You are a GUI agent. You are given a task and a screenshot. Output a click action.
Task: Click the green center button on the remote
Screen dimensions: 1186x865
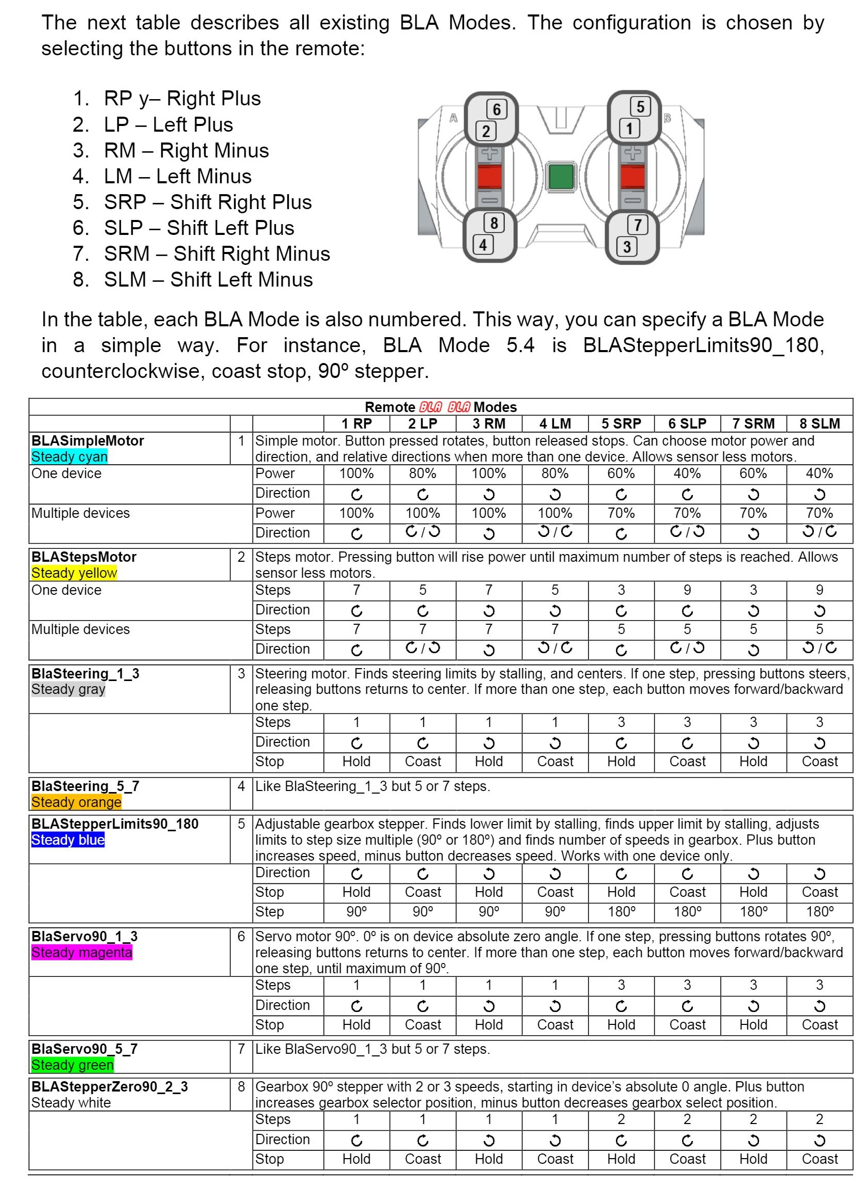(x=560, y=176)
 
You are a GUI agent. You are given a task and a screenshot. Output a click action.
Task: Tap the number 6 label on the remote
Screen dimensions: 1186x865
(x=497, y=109)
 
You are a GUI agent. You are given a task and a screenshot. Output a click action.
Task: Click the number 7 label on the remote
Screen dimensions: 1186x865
(x=638, y=225)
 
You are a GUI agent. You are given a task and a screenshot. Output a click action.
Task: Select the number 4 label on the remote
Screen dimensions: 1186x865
(x=483, y=244)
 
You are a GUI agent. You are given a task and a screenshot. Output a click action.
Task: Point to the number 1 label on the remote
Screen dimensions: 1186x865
(x=629, y=128)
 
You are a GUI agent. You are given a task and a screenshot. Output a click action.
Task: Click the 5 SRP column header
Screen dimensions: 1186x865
(x=621, y=423)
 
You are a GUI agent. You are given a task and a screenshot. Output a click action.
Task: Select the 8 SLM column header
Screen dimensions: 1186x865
(x=820, y=423)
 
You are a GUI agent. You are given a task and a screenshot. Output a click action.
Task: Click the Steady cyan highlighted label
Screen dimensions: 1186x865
(x=69, y=457)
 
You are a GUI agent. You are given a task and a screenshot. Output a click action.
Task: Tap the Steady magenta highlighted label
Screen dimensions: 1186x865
(x=82, y=952)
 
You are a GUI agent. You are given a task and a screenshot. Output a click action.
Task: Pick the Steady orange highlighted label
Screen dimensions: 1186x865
(x=76, y=802)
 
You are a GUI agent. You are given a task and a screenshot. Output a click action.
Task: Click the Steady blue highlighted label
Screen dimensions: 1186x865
(x=68, y=840)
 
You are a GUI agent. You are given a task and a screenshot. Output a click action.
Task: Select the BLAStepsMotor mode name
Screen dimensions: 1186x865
(x=84, y=557)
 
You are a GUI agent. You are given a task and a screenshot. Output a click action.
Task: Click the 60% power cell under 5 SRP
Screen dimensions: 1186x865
(x=621, y=473)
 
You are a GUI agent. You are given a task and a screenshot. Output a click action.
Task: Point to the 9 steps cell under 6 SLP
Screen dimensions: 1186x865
(x=687, y=590)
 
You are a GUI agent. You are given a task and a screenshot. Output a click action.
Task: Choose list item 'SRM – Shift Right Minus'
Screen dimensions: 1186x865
(x=217, y=254)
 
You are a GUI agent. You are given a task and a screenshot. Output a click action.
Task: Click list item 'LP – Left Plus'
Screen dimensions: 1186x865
(x=168, y=124)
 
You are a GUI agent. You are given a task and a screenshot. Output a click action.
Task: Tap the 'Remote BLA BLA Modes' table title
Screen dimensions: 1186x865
(x=440, y=407)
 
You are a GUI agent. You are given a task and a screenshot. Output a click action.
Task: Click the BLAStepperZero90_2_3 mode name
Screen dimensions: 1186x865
(x=110, y=1086)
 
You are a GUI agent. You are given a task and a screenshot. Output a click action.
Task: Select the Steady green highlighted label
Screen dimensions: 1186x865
(x=72, y=1065)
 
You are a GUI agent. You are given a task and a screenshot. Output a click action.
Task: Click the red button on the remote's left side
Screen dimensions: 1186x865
(x=489, y=176)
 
